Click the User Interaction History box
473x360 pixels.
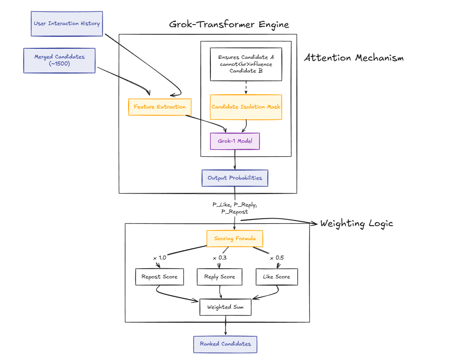67,24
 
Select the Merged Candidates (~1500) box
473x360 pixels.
59,60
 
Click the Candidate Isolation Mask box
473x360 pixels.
246,107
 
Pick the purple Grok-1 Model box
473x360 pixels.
235,141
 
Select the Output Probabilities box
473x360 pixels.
235,178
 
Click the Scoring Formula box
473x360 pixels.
235,238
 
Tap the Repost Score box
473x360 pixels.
159,277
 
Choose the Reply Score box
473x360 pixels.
220,277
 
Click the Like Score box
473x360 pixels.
276,277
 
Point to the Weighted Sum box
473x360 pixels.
225,307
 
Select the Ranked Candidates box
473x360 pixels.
225,344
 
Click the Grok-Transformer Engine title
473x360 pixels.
229,24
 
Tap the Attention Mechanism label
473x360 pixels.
354,58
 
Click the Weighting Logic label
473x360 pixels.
356,223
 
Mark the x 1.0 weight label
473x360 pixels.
159,258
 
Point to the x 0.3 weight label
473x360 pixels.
220,258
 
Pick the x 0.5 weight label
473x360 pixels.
277,258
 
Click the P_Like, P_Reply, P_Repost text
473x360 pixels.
235,208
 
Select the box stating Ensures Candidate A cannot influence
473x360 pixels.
246,64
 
